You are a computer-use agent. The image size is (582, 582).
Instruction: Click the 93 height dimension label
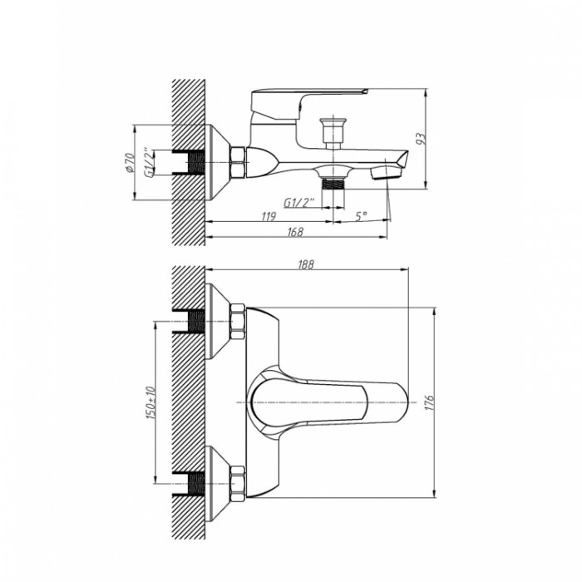[x=421, y=139]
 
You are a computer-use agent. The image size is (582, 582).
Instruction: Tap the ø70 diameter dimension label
[x=130, y=163]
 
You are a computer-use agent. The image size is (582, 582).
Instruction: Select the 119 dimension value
[x=269, y=216]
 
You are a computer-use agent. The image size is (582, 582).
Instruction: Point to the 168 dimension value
[x=295, y=232]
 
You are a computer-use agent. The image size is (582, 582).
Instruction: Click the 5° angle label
[x=361, y=215]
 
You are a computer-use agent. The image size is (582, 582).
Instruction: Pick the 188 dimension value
[x=306, y=264]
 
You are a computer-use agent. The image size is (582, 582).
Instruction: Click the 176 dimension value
[x=429, y=402]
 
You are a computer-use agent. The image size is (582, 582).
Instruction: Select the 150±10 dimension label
[x=150, y=402]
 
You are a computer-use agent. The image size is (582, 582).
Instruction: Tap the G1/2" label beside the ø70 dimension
[x=148, y=163]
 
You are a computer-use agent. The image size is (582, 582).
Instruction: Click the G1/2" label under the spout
[x=298, y=203]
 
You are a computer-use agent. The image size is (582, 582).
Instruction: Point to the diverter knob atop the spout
[x=333, y=133]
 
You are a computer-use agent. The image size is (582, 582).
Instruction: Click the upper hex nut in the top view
[x=238, y=321]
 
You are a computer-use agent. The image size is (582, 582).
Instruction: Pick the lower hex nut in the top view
[x=238, y=484]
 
